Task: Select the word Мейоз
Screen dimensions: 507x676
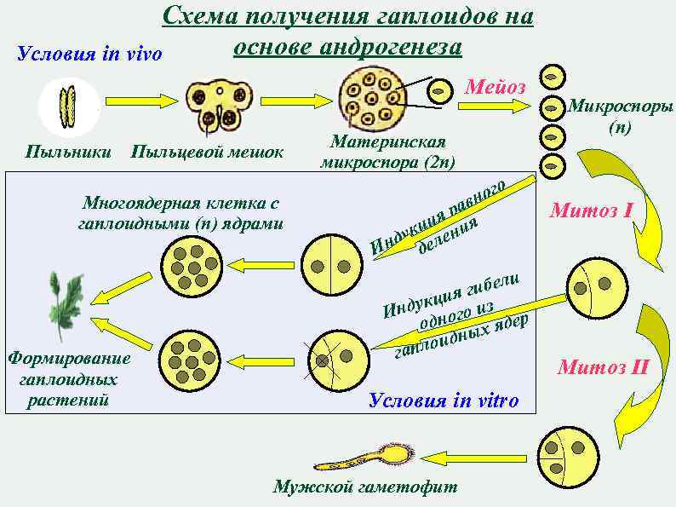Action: tap(496, 87)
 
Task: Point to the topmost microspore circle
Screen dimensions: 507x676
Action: tap(553, 76)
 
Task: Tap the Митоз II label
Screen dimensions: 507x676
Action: tap(603, 368)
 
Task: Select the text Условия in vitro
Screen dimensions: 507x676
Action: tap(443, 401)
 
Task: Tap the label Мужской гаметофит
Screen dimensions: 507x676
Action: tap(364, 487)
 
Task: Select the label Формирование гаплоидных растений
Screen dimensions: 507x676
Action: tap(68, 378)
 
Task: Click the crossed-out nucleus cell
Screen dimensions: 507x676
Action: tap(329, 360)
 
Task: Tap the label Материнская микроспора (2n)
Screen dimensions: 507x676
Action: tap(387, 152)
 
